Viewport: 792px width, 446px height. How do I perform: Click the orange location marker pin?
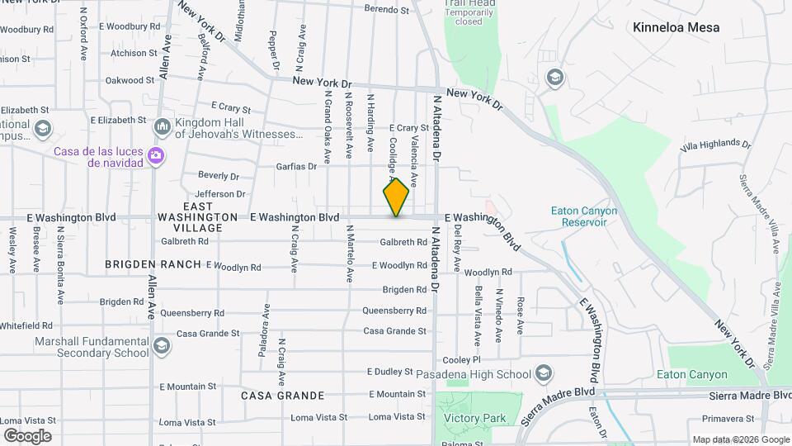pyautogui.click(x=397, y=197)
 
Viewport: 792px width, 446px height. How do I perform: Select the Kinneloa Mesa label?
pyautogui.click(x=676, y=27)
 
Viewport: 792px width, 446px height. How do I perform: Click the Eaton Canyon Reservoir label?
pyautogui.click(x=584, y=216)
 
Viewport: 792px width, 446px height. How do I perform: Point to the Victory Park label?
pyautogui.click(x=474, y=419)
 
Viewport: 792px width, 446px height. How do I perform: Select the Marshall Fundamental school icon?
pyautogui.click(x=161, y=345)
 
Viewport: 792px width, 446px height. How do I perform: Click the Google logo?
pyautogui.click(x=27, y=435)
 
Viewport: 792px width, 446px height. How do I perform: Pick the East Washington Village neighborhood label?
pyautogui.click(x=203, y=216)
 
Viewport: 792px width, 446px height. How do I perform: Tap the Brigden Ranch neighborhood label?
pyautogui.click(x=153, y=264)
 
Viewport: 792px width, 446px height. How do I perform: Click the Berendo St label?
pyautogui.click(x=388, y=11)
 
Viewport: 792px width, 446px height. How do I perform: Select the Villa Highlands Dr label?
pyautogui.click(x=715, y=145)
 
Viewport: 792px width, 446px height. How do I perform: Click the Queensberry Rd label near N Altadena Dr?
pyautogui.click(x=394, y=311)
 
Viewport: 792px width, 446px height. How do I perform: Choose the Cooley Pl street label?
pyautogui.click(x=461, y=360)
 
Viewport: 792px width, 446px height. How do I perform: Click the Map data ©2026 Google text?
pyautogui.click(x=740, y=439)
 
